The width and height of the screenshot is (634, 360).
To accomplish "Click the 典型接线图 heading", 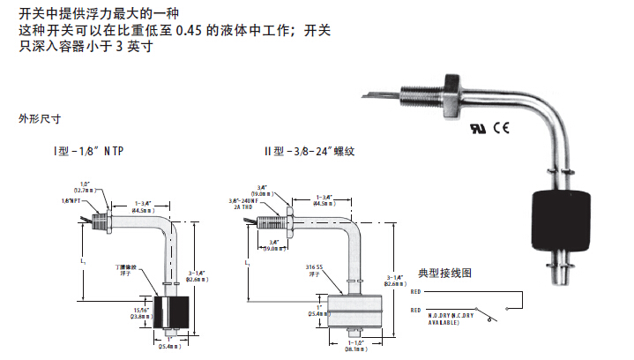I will pos(447,274).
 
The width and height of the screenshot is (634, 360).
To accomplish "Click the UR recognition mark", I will pos(480,128).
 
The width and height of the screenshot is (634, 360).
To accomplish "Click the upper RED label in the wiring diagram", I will pos(416,289).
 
